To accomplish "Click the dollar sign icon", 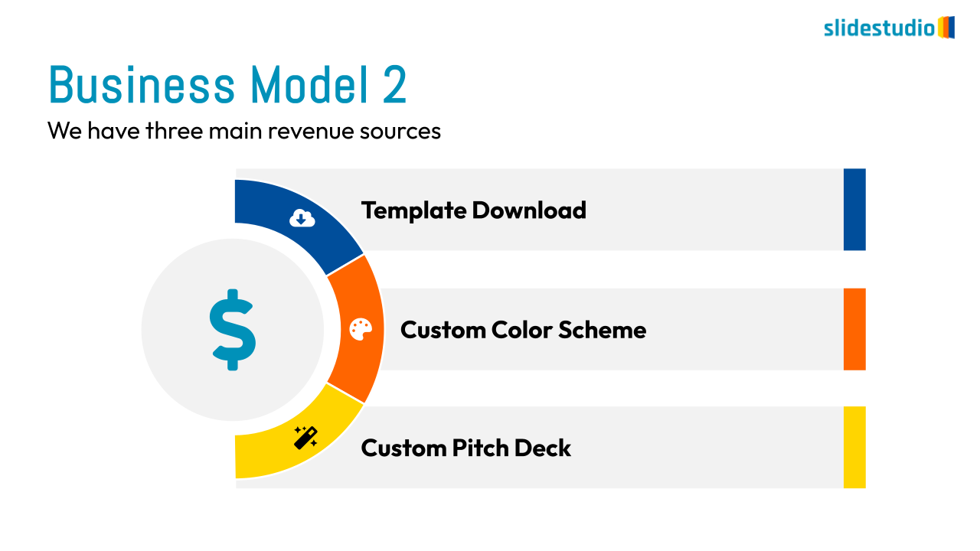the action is point(233,330).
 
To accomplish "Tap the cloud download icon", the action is point(302,219).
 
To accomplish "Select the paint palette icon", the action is point(361,329).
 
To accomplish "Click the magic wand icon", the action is point(305,438).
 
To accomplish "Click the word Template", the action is point(413,210).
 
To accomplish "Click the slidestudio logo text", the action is point(879,28).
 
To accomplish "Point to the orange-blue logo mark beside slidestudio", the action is point(946,28).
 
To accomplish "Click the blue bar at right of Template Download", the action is point(854,210).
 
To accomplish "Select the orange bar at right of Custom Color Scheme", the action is point(854,329).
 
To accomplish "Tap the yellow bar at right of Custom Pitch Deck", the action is point(854,447).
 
